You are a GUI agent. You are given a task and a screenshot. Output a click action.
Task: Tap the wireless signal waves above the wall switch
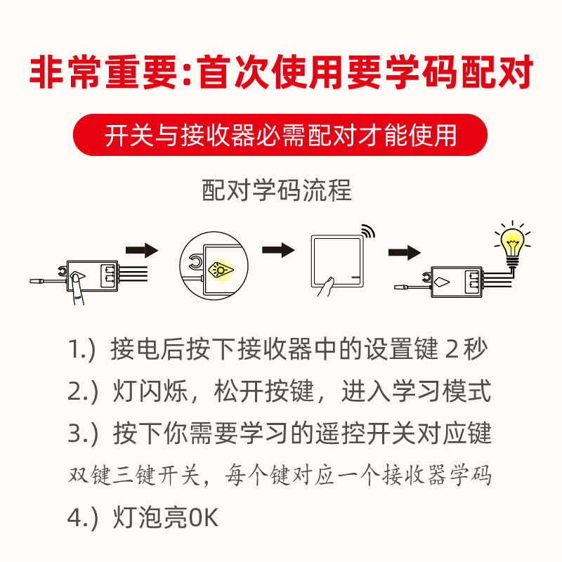tap(368, 233)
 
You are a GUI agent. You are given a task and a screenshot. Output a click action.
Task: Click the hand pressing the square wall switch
tap(326, 287)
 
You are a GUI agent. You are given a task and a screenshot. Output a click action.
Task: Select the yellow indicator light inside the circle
tap(221, 267)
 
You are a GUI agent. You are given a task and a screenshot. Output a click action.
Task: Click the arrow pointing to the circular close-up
tap(141, 250)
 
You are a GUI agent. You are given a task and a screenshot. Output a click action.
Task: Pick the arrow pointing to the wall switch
tap(277, 250)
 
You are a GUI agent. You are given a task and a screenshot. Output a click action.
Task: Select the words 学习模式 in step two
tap(440, 391)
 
